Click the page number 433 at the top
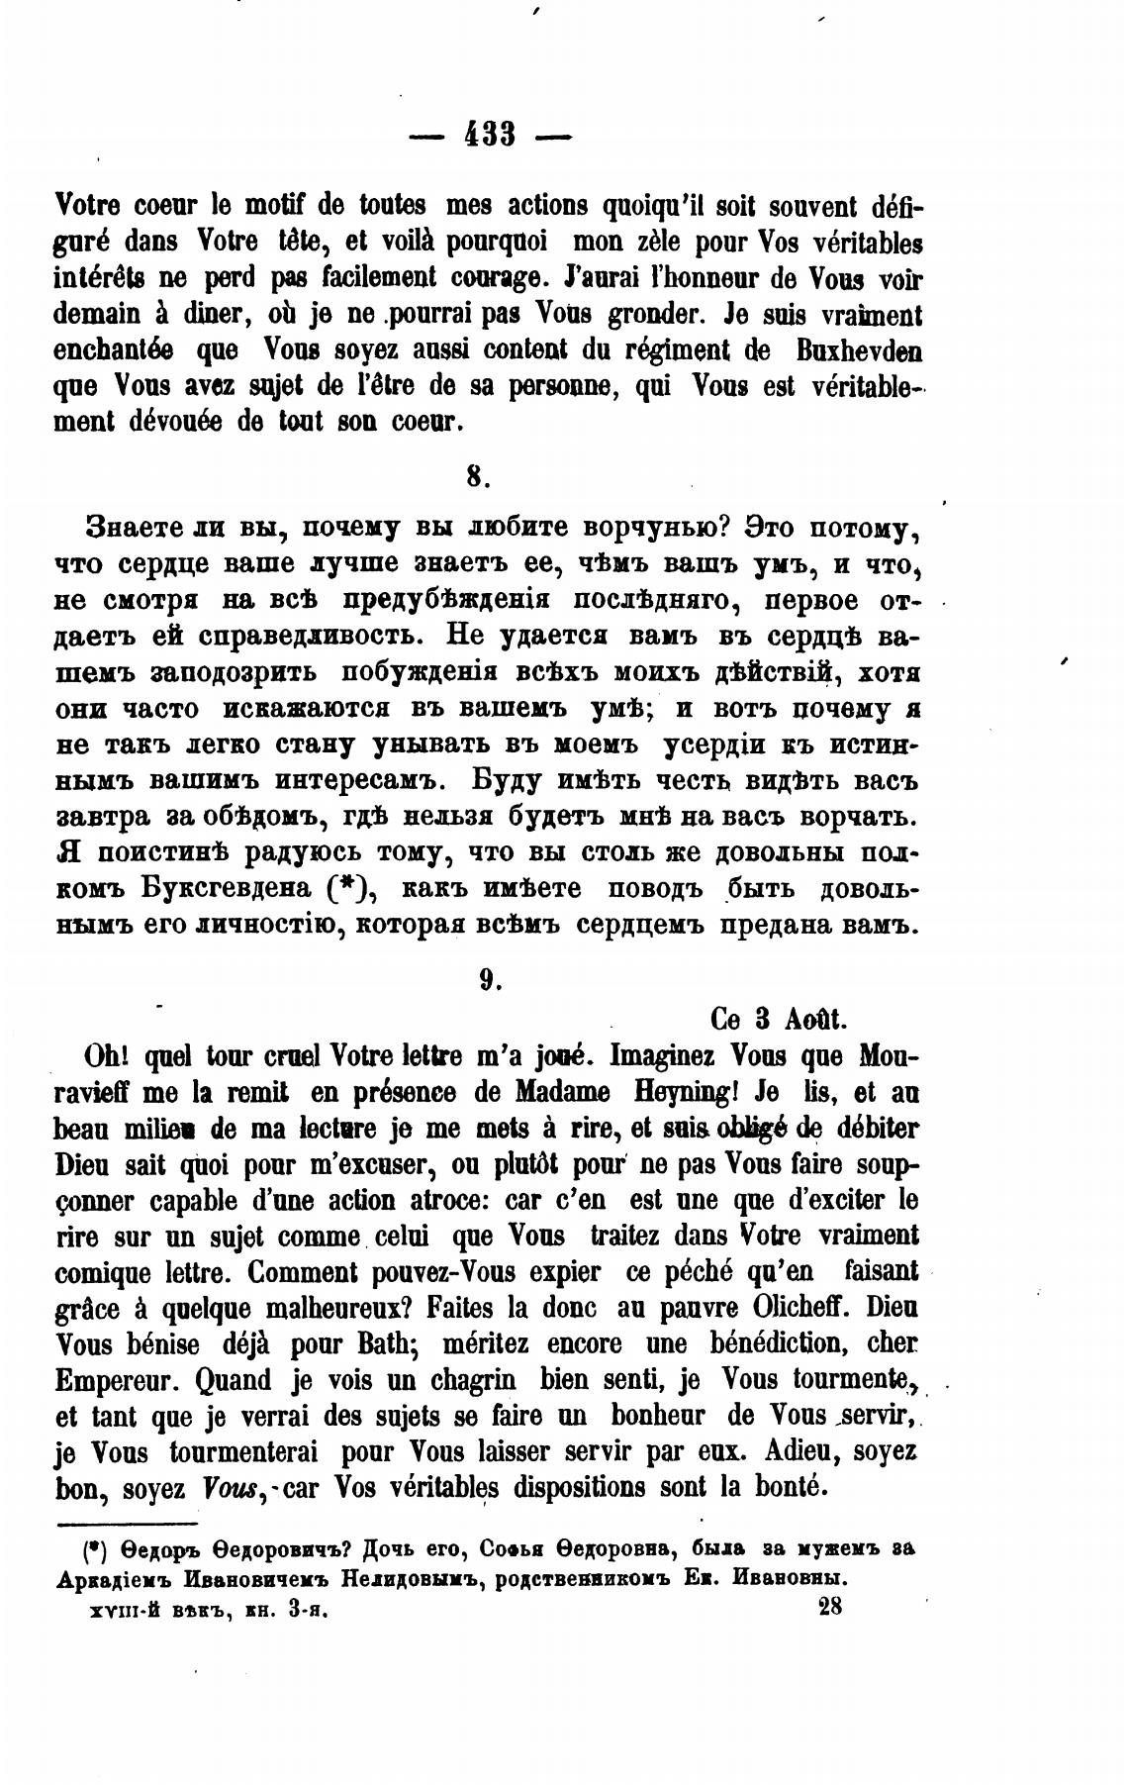(491, 133)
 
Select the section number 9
(487, 978)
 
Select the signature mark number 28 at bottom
(829, 1608)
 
